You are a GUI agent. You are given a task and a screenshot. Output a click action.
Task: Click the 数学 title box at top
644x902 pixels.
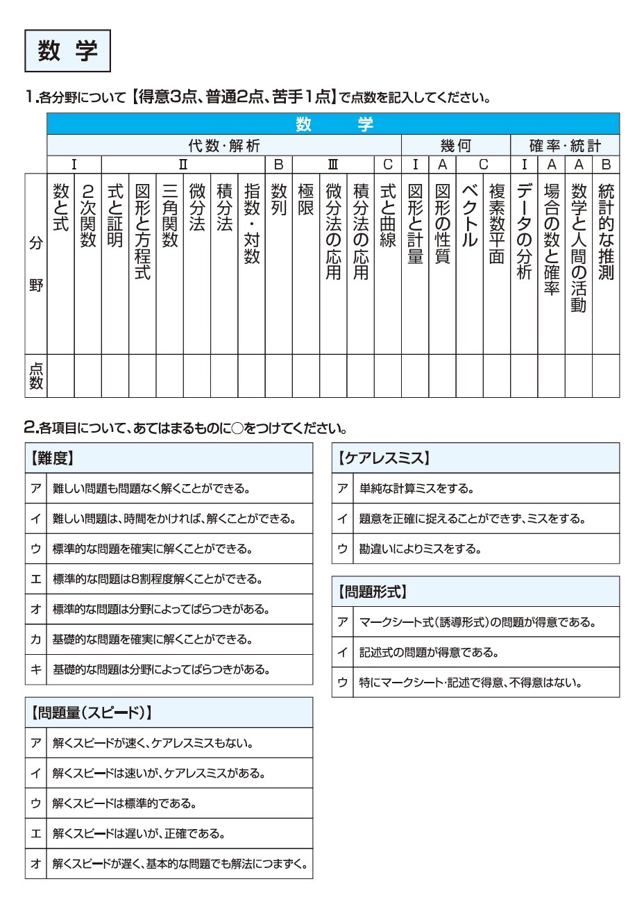(67, 51)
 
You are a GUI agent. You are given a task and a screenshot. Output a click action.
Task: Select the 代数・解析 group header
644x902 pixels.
(224, 146)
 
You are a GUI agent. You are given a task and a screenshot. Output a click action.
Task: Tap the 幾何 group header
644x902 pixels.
(455, 146)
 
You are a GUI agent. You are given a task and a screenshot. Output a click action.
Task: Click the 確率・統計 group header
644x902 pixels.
(565, 146)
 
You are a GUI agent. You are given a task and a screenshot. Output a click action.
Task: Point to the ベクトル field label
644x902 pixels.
(470, 215)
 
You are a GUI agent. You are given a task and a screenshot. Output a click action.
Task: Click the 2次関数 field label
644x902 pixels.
(87, 215)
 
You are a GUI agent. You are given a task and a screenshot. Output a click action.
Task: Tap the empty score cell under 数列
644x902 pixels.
(279, 376)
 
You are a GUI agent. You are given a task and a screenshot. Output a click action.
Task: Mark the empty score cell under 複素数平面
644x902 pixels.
(497, 376)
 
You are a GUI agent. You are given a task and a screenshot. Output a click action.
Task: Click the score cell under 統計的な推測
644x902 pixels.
(606, 376)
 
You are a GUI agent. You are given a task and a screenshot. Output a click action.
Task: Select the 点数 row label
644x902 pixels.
(36, 376)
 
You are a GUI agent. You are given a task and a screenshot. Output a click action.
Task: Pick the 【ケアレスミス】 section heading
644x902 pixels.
(384, 458)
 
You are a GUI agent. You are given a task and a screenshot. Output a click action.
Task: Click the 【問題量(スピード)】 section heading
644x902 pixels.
(91, 712)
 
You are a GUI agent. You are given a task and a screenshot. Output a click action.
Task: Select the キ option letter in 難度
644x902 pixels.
(36, 669)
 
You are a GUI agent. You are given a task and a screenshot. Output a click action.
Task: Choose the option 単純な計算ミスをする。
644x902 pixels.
(416, 489)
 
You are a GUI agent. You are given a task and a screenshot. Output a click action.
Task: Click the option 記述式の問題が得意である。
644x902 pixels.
(429, 653)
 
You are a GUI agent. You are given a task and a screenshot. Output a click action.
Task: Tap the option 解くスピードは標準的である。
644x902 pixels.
(125, 803)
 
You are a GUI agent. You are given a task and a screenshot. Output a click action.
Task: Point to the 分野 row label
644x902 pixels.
(36, 264)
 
